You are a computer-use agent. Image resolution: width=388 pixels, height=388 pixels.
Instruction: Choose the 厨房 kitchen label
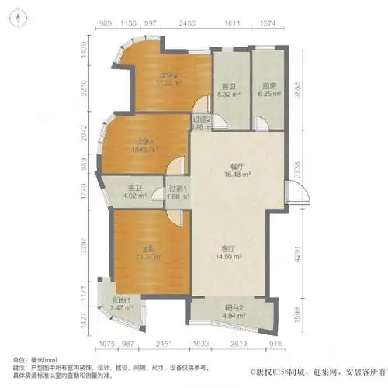(270, 87)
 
